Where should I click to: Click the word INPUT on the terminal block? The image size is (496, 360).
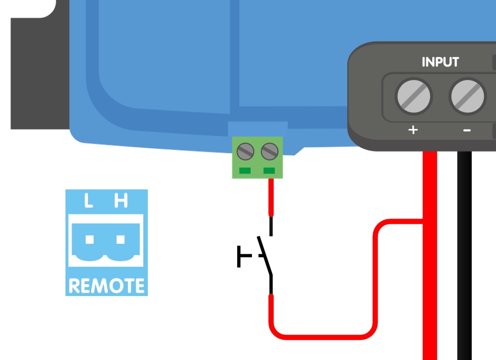coord(440,62)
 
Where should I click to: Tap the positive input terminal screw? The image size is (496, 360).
coord(414,96)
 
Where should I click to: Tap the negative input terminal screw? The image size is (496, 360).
coord(467,96)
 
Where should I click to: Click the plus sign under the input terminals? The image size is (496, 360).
coord(413,130)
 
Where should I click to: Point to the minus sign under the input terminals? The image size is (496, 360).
coord(467,130)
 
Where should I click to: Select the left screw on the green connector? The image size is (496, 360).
coord(245,151)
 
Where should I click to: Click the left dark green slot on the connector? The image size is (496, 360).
coord(245,171)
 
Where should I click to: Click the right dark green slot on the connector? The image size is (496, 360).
coord(269,171)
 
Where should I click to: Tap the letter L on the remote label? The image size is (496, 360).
coord(89,201)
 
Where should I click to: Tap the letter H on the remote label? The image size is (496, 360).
coord(121,201)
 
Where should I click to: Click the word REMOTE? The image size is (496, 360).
coord(107,286)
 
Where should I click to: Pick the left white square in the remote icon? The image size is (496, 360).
coord(90,240)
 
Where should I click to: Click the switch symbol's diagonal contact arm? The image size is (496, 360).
coord(265,256)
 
